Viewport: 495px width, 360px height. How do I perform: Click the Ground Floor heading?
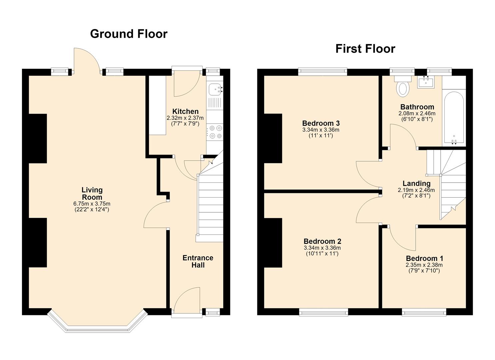click(129, 34)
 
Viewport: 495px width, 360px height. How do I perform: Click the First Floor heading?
click(365, 49)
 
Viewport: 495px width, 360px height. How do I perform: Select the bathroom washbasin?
click(426, 82)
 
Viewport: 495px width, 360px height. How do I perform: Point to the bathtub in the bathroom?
click(454, 118)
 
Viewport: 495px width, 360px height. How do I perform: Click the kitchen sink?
click(215, 89)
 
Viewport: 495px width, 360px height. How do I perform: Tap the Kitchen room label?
click(185, 111)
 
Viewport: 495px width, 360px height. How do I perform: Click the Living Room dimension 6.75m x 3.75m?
click(92, 204)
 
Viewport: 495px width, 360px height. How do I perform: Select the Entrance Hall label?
click(198, 261)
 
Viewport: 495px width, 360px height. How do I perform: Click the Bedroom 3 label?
click(321, 123)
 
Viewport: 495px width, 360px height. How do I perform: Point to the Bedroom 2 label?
click(322, 241)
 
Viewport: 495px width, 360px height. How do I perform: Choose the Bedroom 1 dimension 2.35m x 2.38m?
click(424, 265)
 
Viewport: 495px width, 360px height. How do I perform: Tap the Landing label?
click(417, 183)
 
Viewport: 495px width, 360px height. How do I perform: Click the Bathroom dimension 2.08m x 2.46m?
click(417, 114)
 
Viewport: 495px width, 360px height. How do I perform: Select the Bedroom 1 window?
click(424, 312)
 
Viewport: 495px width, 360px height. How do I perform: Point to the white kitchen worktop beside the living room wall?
click(157, 105)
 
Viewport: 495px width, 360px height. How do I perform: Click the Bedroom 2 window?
click(324, 312)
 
